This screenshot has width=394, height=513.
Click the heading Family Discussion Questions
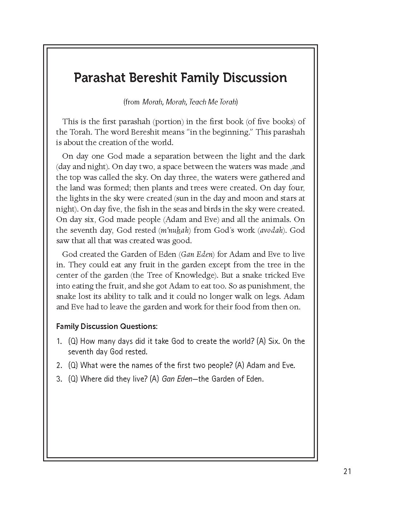[107, 326]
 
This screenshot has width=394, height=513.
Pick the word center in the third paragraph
[66, 275]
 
